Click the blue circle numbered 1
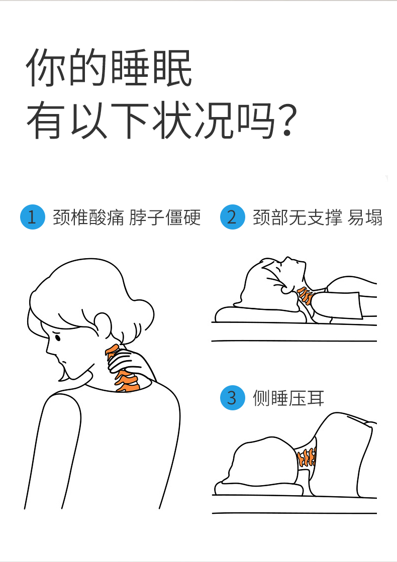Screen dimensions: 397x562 click(33, 217)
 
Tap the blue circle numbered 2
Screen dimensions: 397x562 click(232, 217)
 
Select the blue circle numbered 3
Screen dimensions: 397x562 click(232, 397)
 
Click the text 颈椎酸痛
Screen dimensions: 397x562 click(88, 217)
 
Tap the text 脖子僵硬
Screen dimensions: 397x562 click(165, 217)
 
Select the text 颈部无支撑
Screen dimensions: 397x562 click(297, 217)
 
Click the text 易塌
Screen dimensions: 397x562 click(365, 217)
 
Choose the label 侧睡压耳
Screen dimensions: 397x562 click(288, 398)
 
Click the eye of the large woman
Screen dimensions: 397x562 click(57, 338)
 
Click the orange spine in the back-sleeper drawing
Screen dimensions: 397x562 click(305, 295)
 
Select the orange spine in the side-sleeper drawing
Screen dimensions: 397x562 click(307, 458)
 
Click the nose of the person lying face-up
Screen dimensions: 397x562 click(287, 258)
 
